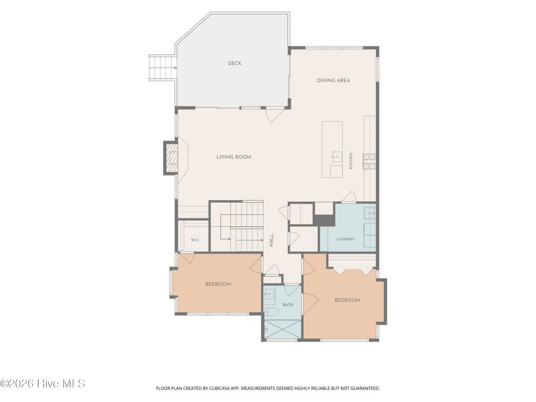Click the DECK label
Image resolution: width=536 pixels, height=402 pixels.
pos(234,63)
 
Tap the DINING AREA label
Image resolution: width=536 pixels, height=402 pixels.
pos(333,81)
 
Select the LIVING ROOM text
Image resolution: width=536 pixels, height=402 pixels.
pos(234,157)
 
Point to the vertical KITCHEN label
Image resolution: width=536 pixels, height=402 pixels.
pos(351,161)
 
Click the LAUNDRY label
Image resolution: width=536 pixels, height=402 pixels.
pos(345,239)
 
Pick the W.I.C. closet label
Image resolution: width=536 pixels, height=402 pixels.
pos(195,240)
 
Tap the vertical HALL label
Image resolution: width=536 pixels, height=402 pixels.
pos(271,240)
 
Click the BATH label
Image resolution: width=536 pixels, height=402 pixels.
pos(288,305)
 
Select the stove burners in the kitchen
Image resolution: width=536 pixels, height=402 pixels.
pos(369,162)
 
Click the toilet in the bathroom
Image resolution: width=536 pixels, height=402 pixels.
pos(272,312)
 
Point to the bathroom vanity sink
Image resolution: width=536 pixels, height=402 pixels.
pos(270,294)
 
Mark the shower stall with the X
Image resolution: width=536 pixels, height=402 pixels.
pos(282,330)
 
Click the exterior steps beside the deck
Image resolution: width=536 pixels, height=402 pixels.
pos(163,68)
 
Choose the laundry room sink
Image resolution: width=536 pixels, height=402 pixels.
pos(370,213)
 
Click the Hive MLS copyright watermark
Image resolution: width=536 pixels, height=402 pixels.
pos(42,384)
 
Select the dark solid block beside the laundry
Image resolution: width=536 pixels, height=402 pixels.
pos(323,220)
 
